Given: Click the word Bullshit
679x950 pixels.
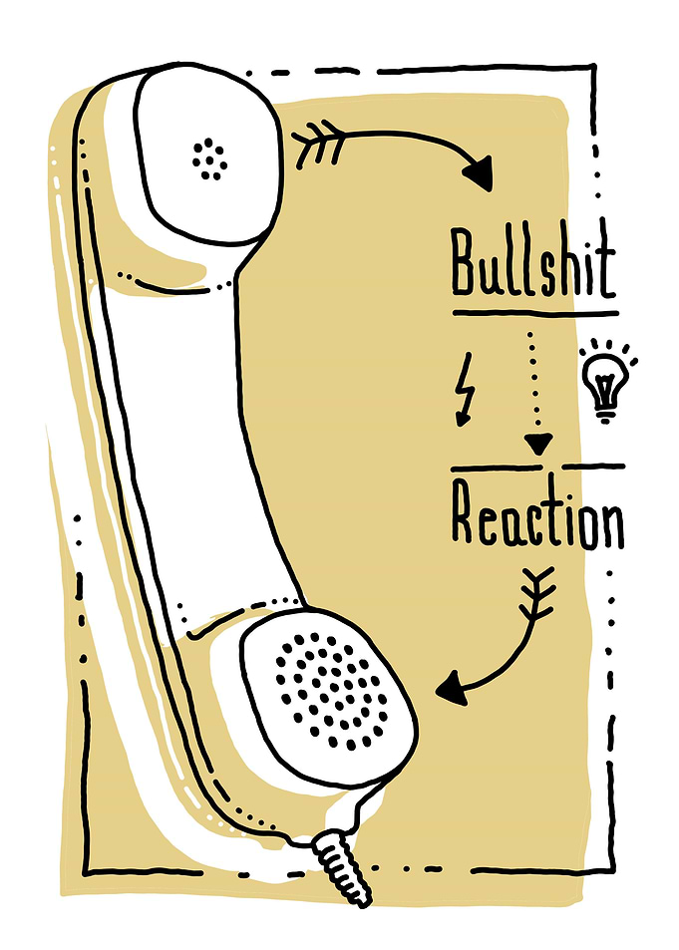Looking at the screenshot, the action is [x=533, y=263].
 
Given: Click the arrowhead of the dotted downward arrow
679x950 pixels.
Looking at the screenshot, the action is [x=538, y=445].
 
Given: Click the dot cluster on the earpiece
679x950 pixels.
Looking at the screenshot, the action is [x=209, y=159].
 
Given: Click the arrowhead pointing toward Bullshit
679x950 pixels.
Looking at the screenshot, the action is [x=479, y=173].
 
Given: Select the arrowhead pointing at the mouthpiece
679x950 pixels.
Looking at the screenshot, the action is [x=453, y=689].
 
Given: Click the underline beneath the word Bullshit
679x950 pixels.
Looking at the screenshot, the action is [x=535, y=314].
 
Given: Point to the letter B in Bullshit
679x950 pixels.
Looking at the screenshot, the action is [x=464, y=262].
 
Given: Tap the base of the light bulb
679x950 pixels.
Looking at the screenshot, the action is [x=604, y=414].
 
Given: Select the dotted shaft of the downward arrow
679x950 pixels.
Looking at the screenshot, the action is [x=532, y=382].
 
